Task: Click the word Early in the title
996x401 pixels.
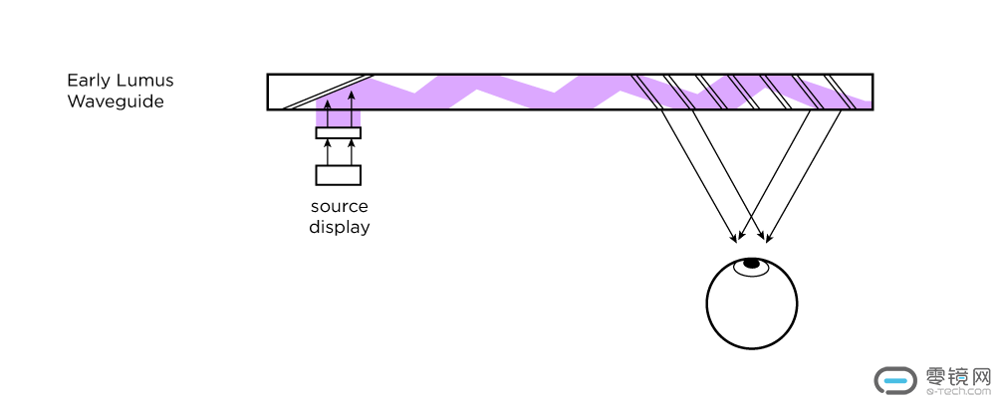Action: (88, 81)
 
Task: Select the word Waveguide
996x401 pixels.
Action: (115, 101)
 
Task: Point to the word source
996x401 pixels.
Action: (339, 207)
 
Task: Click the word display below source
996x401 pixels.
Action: (339, 227)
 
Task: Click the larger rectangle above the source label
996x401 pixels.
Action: (338, 175)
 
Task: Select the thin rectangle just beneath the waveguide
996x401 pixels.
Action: (338, 133)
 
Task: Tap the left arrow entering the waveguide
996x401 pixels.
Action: (327, 108)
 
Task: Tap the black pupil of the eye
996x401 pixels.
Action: (751, 263)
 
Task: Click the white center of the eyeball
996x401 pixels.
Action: (751, 306)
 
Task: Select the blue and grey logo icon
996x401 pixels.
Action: (895, 380)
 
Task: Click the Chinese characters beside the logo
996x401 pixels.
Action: (957, 376)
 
